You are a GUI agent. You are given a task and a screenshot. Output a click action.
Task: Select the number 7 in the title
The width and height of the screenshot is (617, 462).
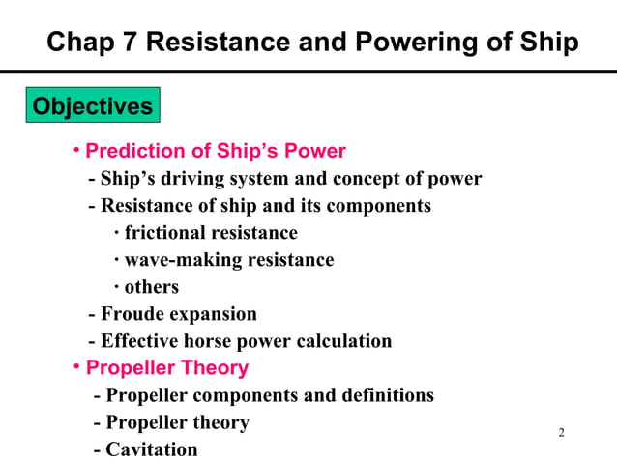tap(130, 43)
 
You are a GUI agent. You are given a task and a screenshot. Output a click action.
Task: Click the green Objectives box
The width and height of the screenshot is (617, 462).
tap(93, 105)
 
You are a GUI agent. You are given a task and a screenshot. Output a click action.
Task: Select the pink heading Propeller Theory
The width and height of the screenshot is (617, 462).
tap(167, 368)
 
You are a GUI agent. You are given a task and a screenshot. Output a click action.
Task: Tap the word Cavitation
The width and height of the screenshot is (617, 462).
tap(151, 449)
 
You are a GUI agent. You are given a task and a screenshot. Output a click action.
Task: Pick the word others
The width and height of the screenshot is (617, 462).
tap(152, 287)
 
